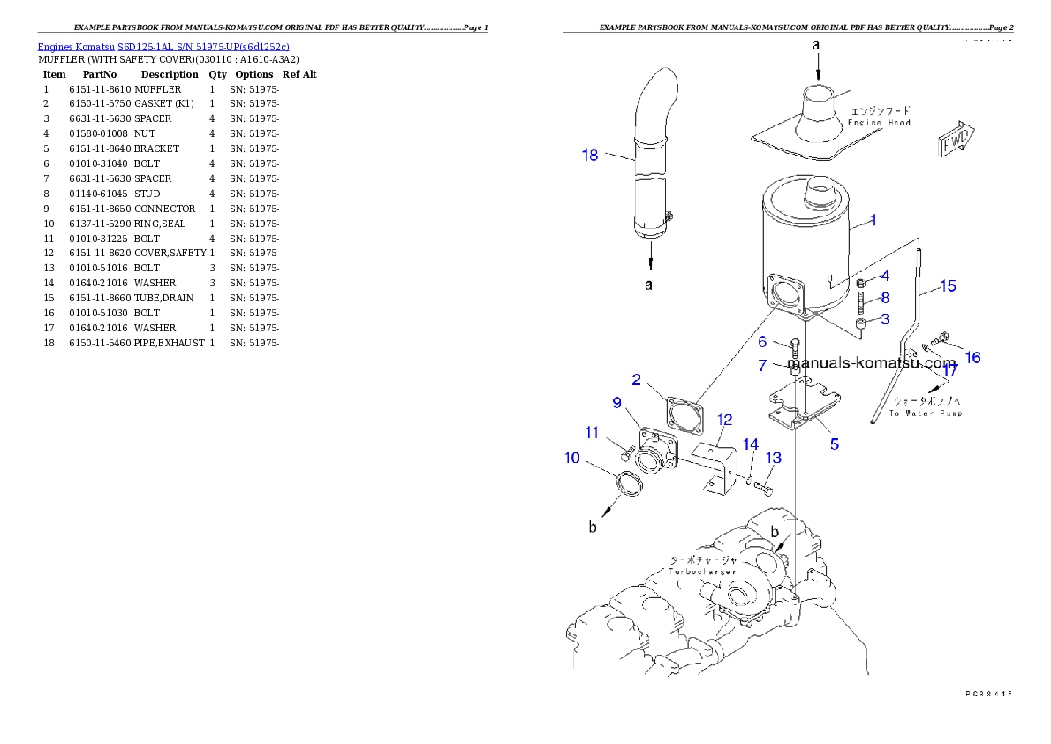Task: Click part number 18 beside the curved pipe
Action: click(x=590, y=156)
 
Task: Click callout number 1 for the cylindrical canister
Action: click(x=873, y=220)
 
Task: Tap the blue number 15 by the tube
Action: click(x=947, y=286)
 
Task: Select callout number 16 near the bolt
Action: click(x=972, y=357)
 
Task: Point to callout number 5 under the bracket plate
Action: click(x=834, y=444)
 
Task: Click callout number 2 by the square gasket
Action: click(x=636, y=380)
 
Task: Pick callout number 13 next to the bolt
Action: click(x=774, y=458)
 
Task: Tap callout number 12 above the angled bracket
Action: click(x=724, y=418)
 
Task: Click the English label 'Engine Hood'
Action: click(x=879, y=123)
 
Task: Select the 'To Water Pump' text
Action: click(x=926, y=414)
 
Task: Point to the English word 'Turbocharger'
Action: click(x=702, y=573)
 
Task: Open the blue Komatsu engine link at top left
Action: click(x=163, y=46)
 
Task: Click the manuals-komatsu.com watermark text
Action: click(x=871, y=363)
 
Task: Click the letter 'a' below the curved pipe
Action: click(x=649, y=285)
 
